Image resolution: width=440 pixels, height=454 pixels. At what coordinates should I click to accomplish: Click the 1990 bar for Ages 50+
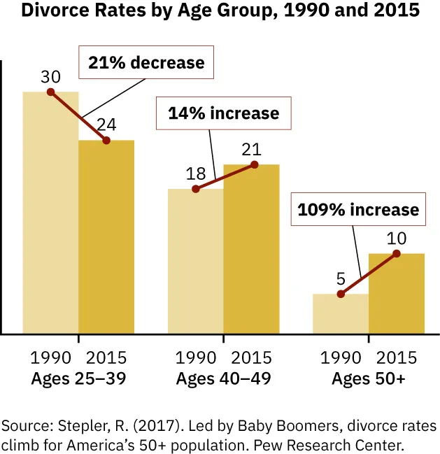(x=341, y=314)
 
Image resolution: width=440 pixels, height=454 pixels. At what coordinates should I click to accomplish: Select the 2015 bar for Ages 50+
(x=397, y=294)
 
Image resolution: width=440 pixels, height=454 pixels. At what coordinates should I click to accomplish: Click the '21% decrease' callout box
(x=146, y=63)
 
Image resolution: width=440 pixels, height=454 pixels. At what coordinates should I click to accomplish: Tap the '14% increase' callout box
(x=222, y=113)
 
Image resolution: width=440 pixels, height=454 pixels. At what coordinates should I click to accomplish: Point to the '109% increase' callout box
(x=358, y=210)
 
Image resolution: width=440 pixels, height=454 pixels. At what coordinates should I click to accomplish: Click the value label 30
(x=51, y=75)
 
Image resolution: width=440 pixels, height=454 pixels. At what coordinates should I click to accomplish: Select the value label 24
(x=106, y=125)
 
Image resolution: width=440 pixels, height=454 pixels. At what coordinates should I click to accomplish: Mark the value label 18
(x=196, y=173)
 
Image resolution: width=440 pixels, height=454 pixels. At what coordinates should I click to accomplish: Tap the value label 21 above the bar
(x=251, y=149)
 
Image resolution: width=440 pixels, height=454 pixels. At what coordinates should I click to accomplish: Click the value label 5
(x=341, y=278)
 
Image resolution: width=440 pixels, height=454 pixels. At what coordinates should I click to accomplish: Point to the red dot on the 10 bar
(x=397, y=253)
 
